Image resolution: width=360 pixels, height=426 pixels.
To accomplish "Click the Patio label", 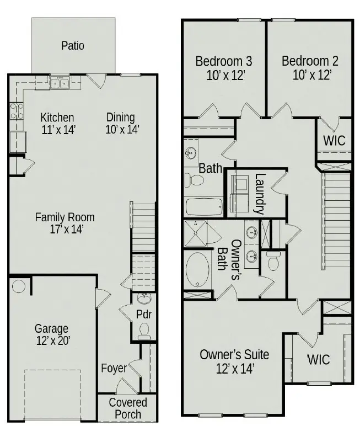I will (x=73, y=45).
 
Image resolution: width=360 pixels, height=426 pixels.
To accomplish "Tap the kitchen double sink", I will (x=59, y=83).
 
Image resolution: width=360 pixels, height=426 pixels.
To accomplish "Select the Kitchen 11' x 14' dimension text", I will (x=57, y=130).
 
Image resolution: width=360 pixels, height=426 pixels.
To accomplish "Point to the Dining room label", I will (x=121, y=117).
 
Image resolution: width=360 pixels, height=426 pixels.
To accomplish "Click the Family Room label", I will (x=65, y=217).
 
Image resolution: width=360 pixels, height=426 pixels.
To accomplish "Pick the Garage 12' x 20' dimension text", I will (x=52, y=342).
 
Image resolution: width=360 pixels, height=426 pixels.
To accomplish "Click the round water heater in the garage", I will (x=19, y=287).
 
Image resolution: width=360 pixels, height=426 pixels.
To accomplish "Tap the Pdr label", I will (x=143, y=315).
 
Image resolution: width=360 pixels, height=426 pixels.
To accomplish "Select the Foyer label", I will (x=114, y=368).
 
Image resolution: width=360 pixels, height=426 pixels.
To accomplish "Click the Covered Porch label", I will (x=128, y=408).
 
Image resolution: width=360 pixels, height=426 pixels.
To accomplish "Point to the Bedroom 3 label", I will (x=224, y=61).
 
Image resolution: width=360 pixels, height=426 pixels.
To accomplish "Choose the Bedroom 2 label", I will (x=310, y=61).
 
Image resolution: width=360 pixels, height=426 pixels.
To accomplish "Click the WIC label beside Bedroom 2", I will (x=334, y=140).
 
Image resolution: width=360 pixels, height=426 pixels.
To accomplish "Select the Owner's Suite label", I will (x=234, y=354).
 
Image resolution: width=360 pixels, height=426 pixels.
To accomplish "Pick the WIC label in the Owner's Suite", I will (x=319, y=360).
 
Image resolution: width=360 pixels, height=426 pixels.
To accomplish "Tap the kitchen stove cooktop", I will (x=17, y=111).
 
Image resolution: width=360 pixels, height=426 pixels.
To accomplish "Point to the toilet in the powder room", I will (x=144, y=331).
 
